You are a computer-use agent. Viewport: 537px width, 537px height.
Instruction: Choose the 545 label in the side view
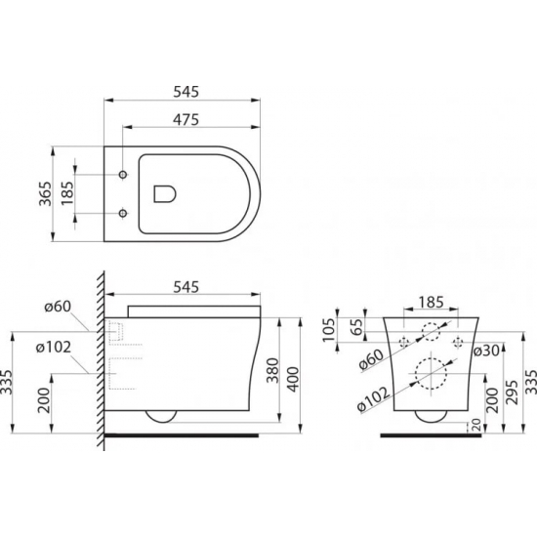click(186, 287)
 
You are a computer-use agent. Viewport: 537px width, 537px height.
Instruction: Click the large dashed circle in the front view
click(429, 374)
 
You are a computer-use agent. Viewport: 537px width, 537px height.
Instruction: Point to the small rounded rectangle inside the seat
click(165, 193)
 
